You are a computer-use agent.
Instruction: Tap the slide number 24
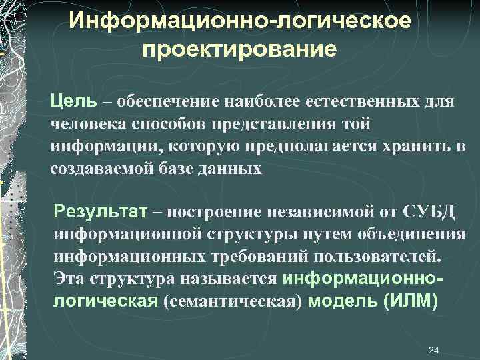point(433,350)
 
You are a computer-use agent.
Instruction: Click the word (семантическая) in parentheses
point(237,301)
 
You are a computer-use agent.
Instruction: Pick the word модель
point(346,301)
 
